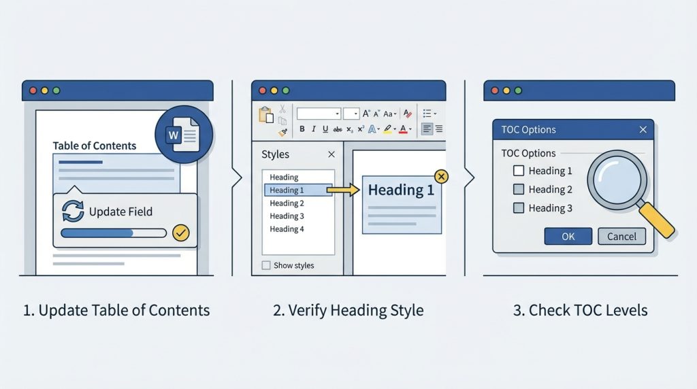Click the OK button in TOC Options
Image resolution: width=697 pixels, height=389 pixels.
pyautogui.click(x=568, y=236)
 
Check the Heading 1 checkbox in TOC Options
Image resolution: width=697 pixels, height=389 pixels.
pyautogui.click(x=518, y=171)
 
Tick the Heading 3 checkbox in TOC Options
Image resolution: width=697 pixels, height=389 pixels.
pyautogui.click(x=518, y=208)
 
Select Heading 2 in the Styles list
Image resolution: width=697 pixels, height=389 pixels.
pyautogui.click(x=287, y=203)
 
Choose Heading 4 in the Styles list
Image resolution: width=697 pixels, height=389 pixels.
pyautogui.click(x=287, y=229)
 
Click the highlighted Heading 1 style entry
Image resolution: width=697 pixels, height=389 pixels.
pyautogui.click(x=298, y=190)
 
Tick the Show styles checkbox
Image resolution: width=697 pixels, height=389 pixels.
pyautogui.click(x=266, y=265)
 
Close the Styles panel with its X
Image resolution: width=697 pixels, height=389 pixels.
pyautogui.click(x=331, y=154)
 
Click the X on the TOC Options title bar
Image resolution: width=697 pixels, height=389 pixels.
pyautogui.click(x=643, y=129)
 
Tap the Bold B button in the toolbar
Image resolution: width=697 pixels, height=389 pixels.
pyautogui.click(x=302, y=129)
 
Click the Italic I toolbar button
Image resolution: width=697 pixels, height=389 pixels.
pyautogui.click(x=313, y=129)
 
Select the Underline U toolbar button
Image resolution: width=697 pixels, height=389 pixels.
pyautogui.click(x=325, y=129)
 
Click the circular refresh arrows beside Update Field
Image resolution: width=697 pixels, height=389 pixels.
pyautogui.click(x=72, y=211)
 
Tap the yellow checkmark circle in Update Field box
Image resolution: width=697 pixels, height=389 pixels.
pyautogui.click(x=181, y=233)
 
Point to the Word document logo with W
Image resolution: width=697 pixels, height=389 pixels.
pyautogui.click(x=184, y=134)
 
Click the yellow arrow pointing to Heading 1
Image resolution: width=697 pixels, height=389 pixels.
pyautogui.click(x=343, y=190)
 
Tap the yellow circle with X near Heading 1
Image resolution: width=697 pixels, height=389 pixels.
pyautogui.click(x=441, y=177)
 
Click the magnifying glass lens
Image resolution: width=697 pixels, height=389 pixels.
pyautogui.click(x=617, y=180)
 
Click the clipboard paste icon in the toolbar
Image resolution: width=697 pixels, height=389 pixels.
pyautogui.click(x=266, y=114)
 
